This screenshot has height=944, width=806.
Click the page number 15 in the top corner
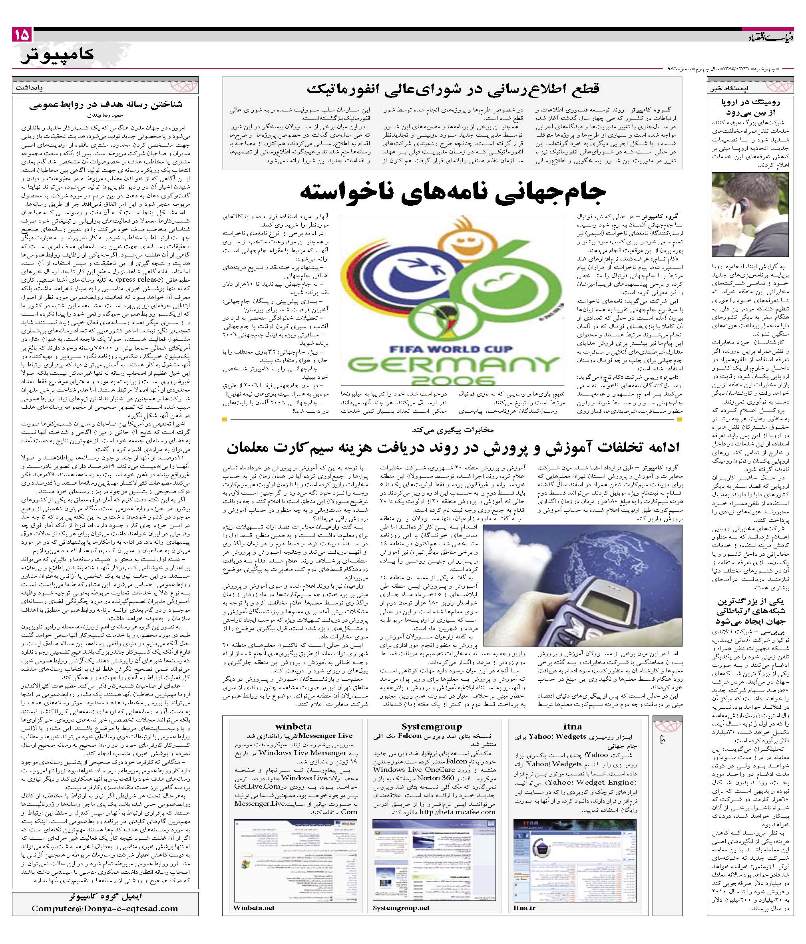[x=22, y=35]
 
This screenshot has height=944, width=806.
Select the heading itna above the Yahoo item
[x=572, y=726]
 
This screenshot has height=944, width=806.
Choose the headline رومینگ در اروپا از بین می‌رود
[x=750, y=107]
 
